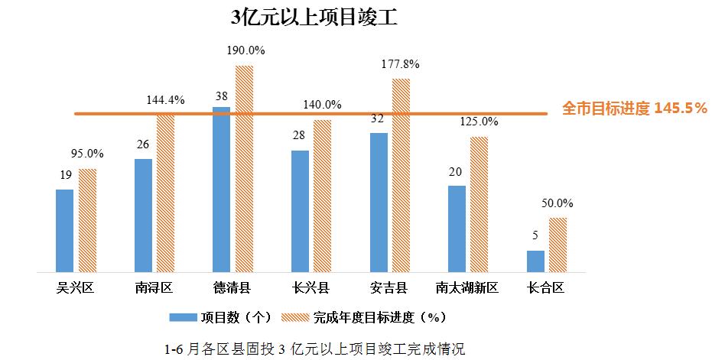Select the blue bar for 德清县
point(221,189)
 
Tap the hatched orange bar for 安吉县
point(402,175)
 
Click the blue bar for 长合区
point(535,261)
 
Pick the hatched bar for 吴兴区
point(88,220)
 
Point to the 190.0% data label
point(245,50)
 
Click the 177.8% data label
point(402,63)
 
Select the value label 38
point(221,96)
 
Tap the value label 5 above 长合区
point(535,235)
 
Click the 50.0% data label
point(558,203)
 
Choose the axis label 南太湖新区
point(467,288)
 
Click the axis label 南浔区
point(154,288)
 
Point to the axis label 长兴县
point(310,288)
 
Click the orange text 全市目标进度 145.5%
point(634,109)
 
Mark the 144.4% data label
point(166,100)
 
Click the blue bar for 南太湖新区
point(457,229)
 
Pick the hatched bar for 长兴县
point(323,196)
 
